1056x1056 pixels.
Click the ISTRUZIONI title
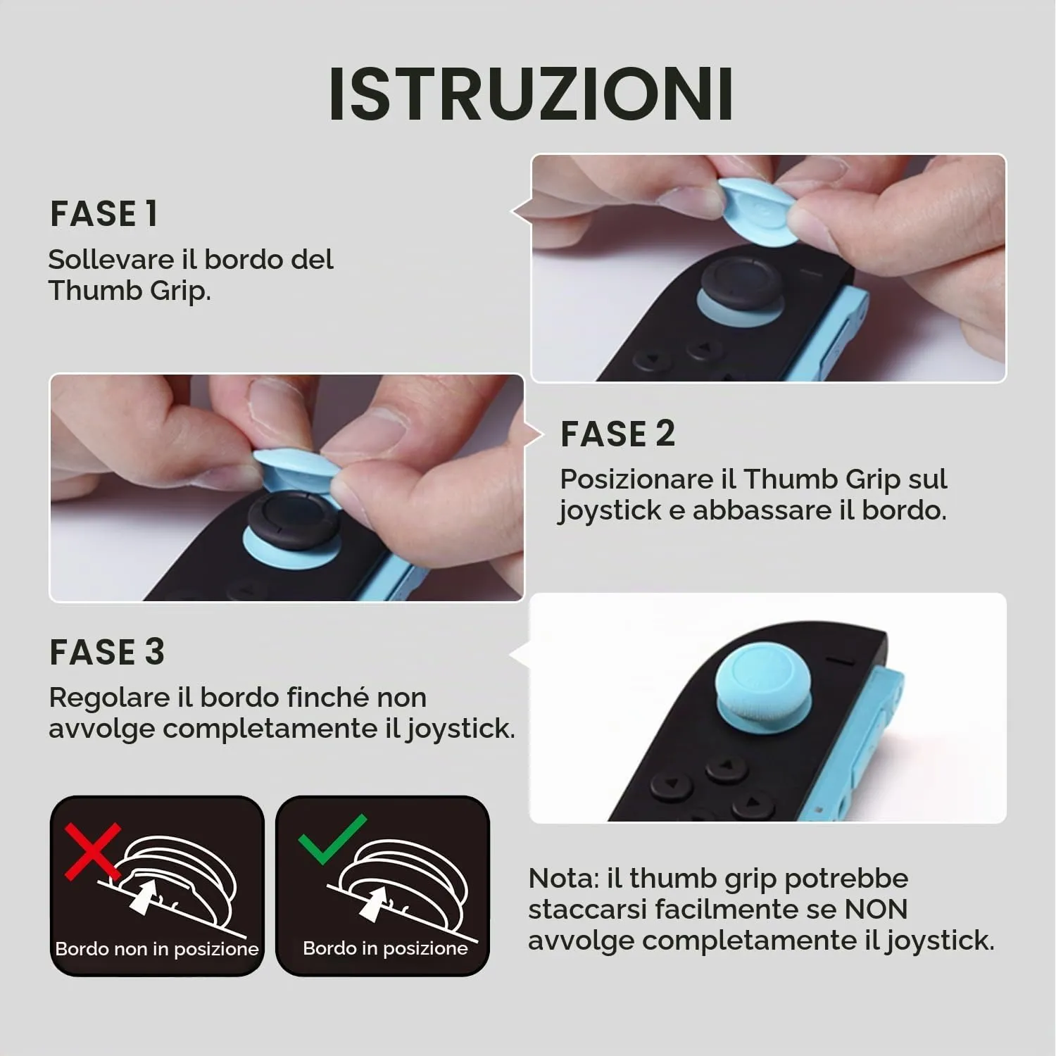tap(532, 94)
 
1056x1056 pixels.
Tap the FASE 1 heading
tap(103, 214)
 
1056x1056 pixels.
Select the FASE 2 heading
tap(617, 434)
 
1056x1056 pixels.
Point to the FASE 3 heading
tap(107, 652)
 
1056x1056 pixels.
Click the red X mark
tap(92, 852)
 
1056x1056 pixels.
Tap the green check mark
tap(332, 838)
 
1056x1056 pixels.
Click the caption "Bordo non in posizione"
tap(157, 949)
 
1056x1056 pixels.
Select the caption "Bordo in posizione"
tap(385, 948)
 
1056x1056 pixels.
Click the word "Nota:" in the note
tap(563, 879)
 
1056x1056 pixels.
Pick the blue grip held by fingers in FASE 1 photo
tap(759, 209)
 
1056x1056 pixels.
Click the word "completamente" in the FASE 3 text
tap(273, 729)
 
